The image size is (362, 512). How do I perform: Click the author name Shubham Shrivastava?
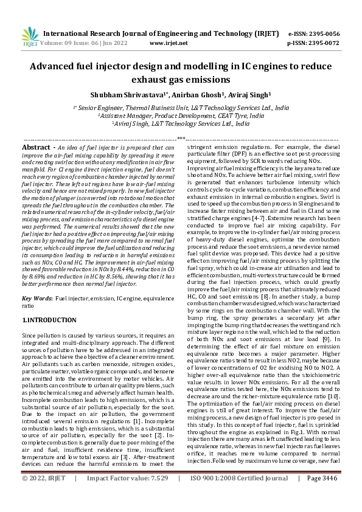click(x=125, y=95)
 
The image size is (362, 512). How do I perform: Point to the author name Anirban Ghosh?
click(x=198, y=95)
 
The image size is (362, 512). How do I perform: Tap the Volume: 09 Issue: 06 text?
click(x=78, y=43)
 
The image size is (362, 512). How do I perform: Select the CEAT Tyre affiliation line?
click(x=181, y=114)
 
